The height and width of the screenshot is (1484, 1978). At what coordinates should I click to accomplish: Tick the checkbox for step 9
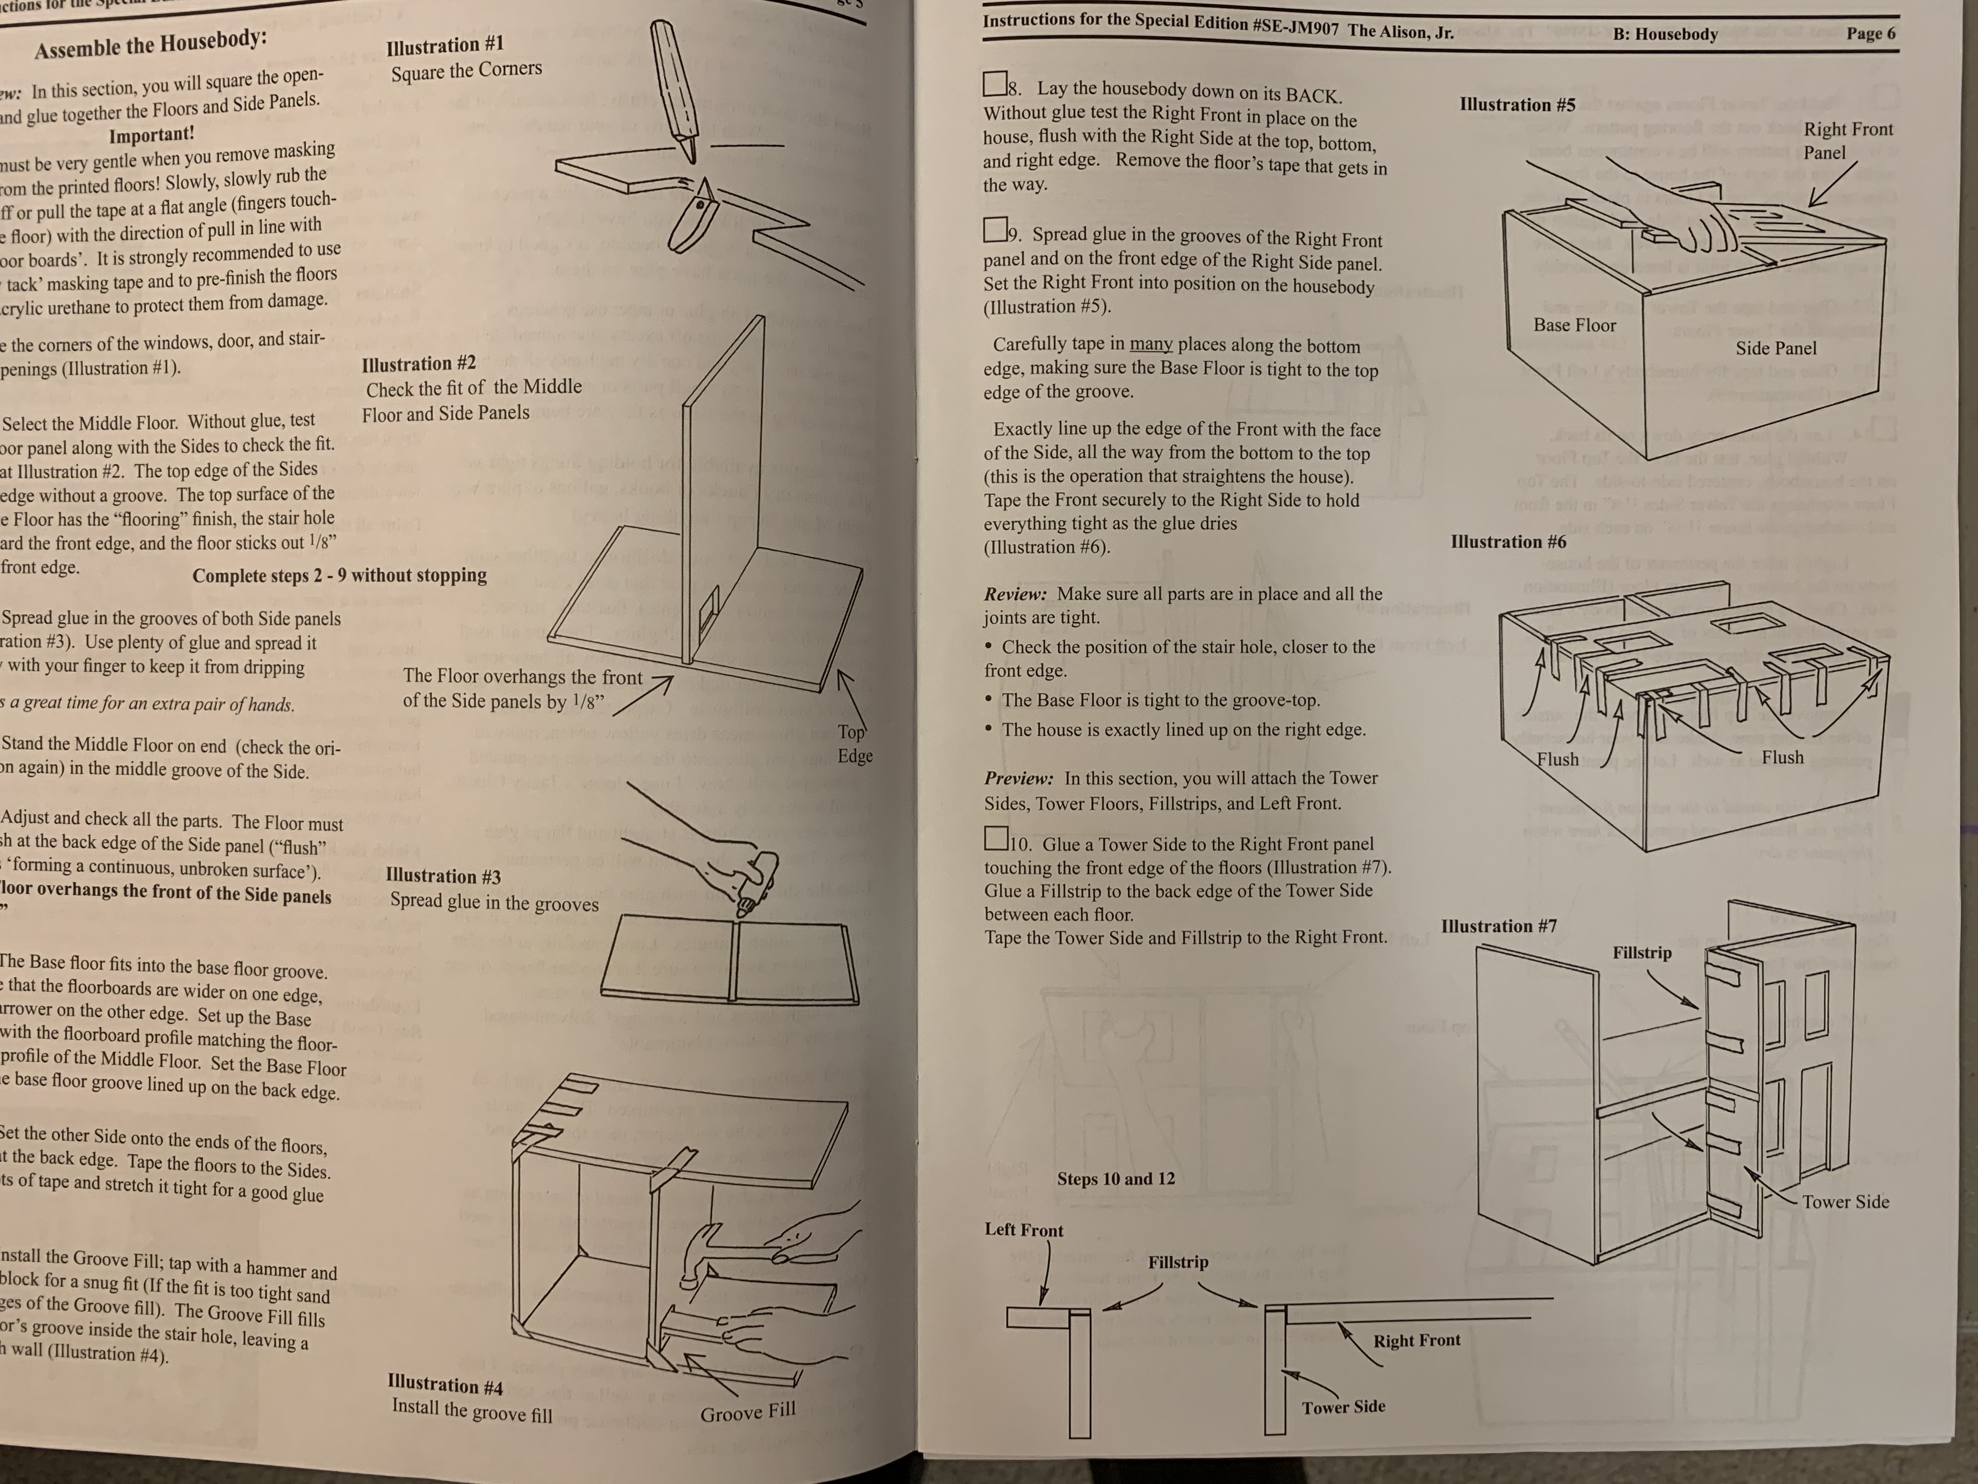994,230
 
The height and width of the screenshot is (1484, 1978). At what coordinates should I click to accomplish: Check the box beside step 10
995,838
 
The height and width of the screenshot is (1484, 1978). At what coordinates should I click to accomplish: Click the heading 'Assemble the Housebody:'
150,43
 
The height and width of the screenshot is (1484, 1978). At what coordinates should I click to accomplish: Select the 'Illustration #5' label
1517,105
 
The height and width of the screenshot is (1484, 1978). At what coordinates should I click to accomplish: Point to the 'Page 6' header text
1871,34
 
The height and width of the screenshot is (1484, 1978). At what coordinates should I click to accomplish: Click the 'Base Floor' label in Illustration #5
1575,325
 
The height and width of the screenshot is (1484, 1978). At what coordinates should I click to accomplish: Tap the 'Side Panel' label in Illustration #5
1776,348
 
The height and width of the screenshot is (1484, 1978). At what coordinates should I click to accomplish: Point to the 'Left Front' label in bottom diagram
1024,1230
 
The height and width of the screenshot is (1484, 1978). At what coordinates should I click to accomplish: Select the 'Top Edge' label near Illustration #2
854,743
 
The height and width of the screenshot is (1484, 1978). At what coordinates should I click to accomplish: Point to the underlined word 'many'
1151,345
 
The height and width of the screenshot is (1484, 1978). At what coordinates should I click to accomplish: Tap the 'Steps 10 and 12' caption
1116,1178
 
